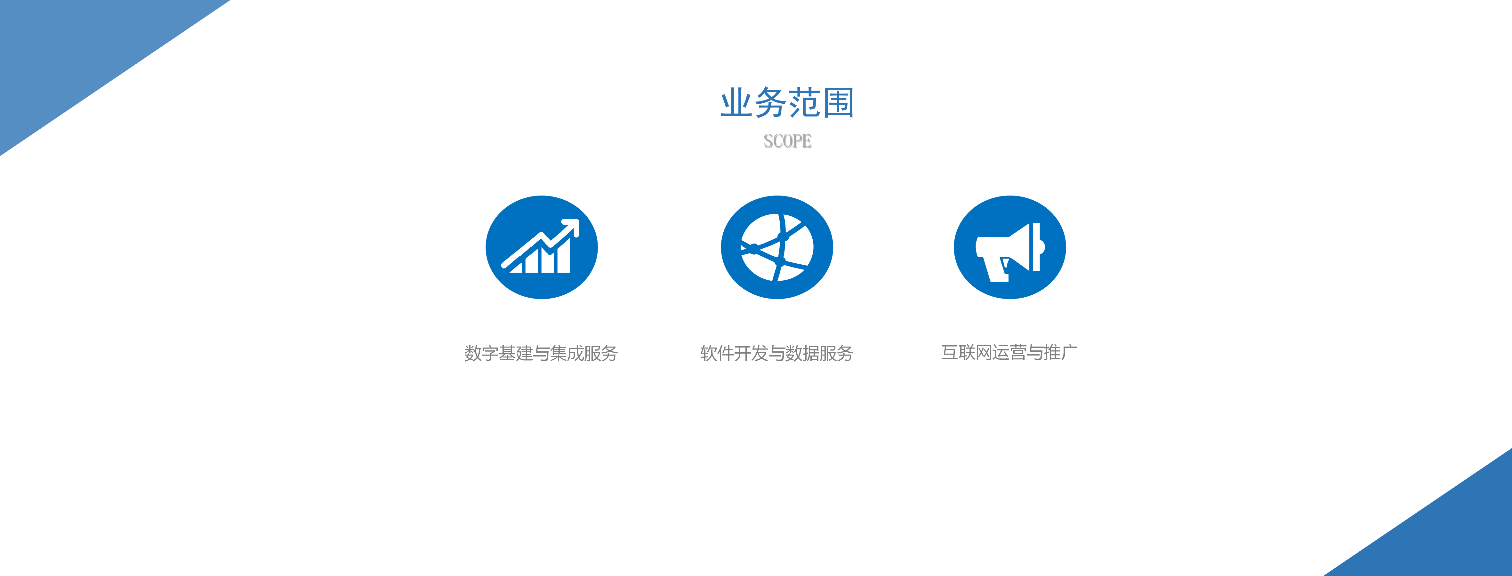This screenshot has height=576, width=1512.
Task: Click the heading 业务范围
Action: (787, 103)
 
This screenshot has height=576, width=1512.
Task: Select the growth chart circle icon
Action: (541, 247)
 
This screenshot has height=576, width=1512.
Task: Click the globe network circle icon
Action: (776, 247)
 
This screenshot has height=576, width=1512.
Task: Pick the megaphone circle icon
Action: (1009, 247)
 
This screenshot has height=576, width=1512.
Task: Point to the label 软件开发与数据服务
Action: (776, 353)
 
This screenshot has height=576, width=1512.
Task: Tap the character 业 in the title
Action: (736, 103)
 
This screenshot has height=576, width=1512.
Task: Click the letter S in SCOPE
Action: (768, 141)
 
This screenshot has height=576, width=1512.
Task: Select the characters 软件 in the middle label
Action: (717, 353)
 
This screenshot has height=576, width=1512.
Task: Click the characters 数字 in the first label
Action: (481, 353)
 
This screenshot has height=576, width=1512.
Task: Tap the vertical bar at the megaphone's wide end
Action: (1037, 247)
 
